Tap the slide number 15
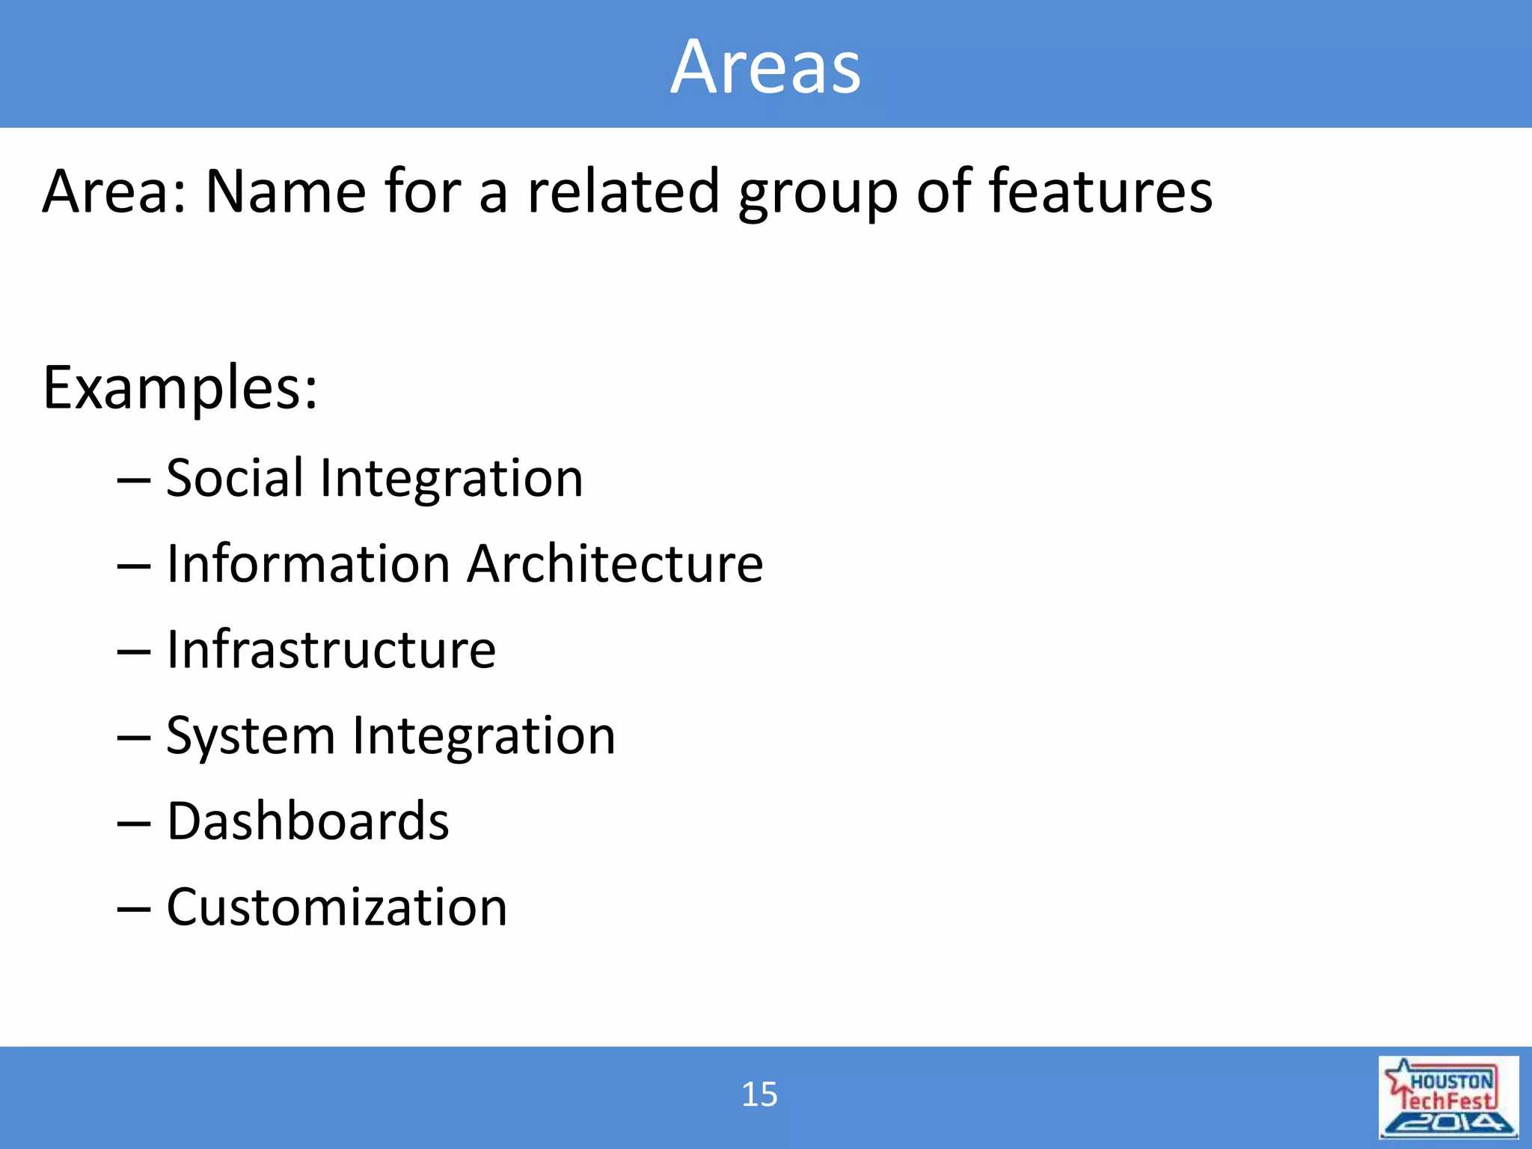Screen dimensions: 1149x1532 tap(759, 1094)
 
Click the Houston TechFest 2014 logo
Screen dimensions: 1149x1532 tap(1448, 1097)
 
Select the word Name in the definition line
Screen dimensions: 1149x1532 tap(285, 191)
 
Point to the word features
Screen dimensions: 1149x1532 tap(1100, 191)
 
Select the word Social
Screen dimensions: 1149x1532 tap(235, 478)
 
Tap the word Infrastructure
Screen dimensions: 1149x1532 tap(331, 649)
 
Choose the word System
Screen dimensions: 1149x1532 tap(251, 737)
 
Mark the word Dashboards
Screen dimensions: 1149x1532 tap(307, 821)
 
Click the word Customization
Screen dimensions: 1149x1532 tap(337, 907)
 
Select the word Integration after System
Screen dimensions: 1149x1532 tap(483, 737)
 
